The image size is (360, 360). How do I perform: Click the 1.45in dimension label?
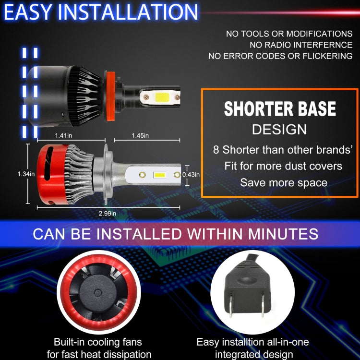pos(140,136)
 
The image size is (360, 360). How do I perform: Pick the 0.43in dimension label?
pos(191,175)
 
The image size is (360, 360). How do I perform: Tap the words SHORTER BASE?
pos(280,109)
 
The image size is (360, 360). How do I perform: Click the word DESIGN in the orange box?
pos(279,129)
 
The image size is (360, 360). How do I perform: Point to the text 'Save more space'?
pos(284,182)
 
